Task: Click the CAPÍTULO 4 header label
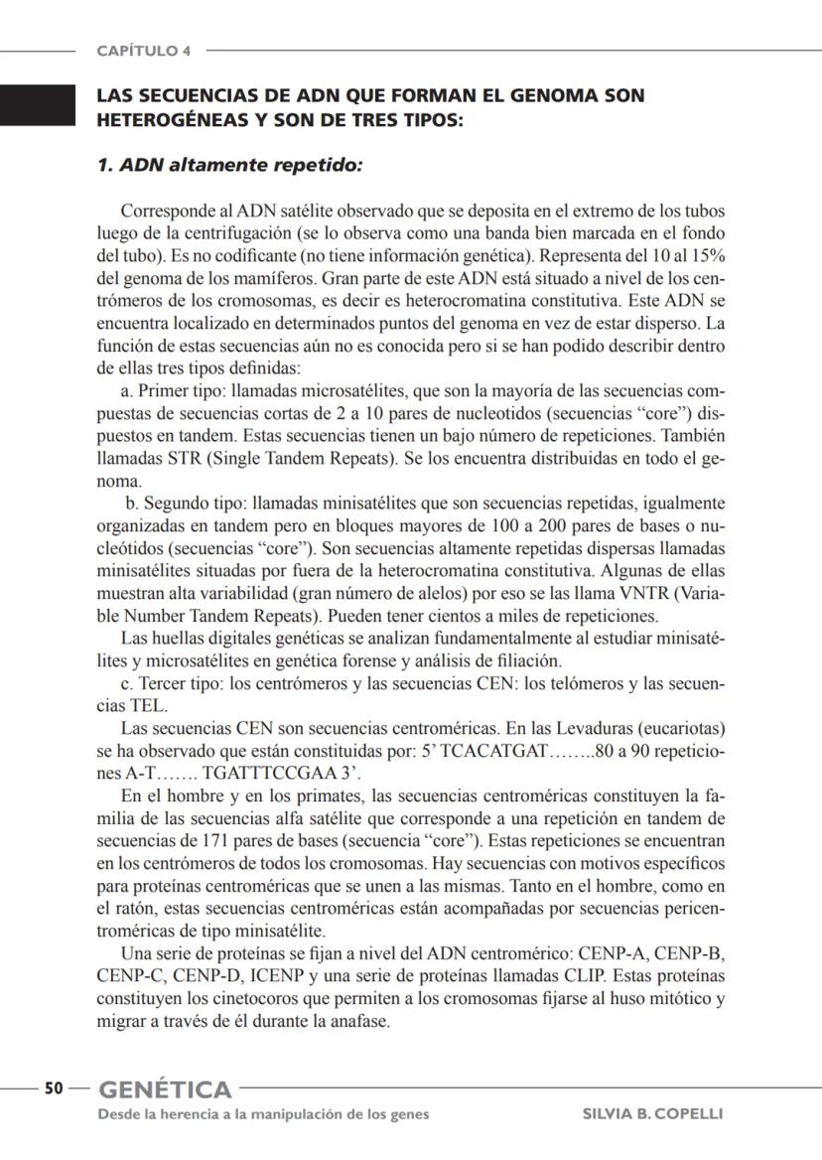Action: pyautogui.click(x=144, y=50)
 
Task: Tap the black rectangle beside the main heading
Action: pyautogui.click(x=38, y=105)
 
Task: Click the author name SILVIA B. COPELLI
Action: pyautogui.click(x=652, y=1114)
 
